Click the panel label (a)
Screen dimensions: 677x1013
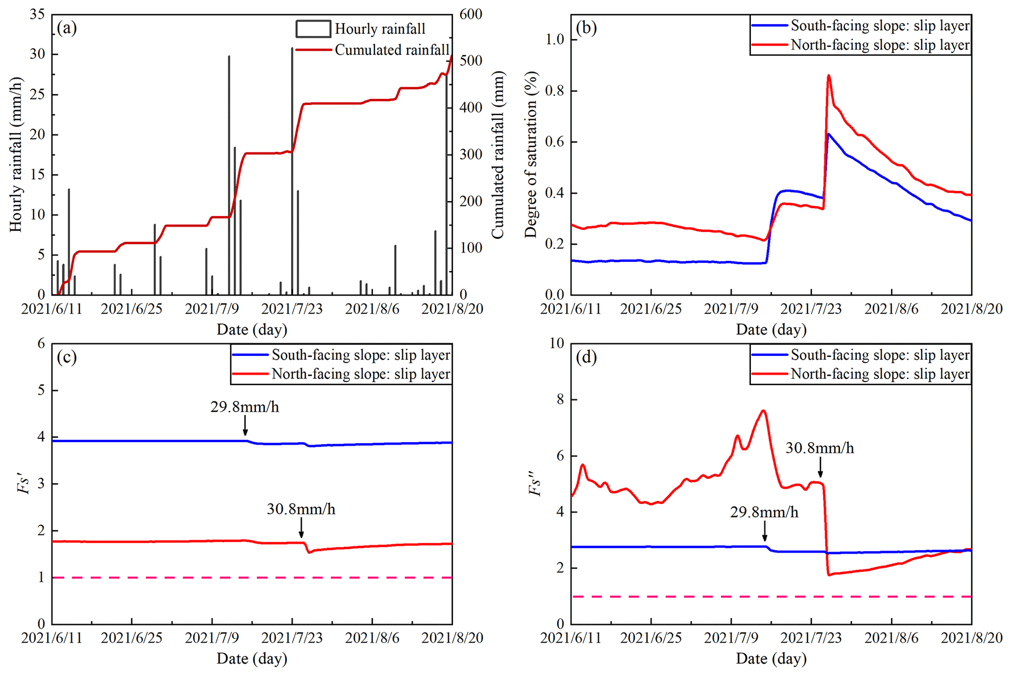[x=67, y=28]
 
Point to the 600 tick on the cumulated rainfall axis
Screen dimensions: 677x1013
[x=471, y=14]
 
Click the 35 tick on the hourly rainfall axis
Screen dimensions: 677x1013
[x=37, y=14]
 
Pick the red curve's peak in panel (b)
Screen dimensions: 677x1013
[x=828, y=75]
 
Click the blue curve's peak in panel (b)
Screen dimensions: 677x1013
[x=828, y=134]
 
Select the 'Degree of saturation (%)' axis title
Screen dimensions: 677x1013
[x=531, y=154]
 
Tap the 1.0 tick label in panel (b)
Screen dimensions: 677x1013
[x=555, y=40]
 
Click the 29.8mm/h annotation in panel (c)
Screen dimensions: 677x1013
[x=245, y=407]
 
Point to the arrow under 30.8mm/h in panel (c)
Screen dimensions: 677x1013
[x=301, y=528]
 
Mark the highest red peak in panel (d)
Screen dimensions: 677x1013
[x=763, y=411]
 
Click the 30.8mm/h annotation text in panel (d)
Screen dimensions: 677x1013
[x=820, y=449]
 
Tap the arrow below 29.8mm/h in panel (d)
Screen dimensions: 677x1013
[x=765, y=531]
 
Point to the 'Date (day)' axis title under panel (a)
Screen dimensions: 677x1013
[x=252, y=329]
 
